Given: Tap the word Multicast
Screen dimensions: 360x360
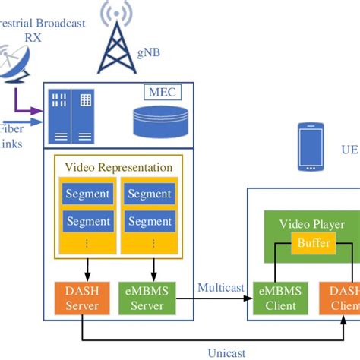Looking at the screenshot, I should coord(221,288).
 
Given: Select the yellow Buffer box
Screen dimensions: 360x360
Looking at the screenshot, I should coord(314,242).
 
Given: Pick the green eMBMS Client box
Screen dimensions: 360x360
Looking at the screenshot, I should coord(281,298).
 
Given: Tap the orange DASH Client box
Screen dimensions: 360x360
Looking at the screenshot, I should coord(343,298).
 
